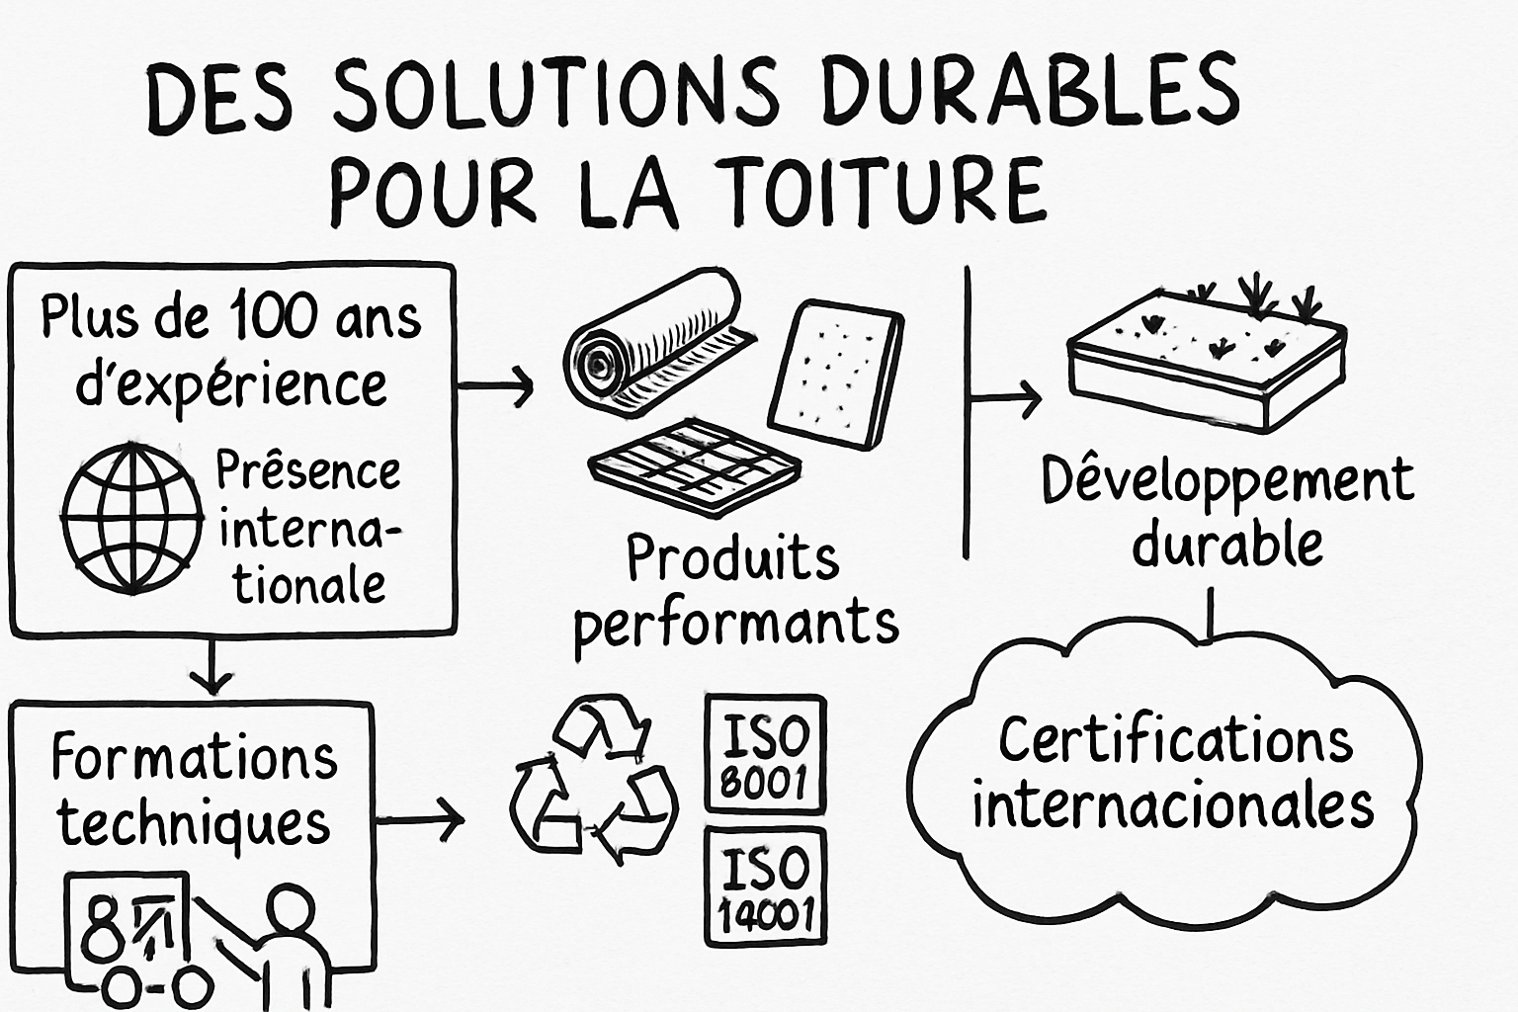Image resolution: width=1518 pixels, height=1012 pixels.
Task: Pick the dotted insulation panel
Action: tap(835, 375)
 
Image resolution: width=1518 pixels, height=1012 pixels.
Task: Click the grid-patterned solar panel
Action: tap(694, 466)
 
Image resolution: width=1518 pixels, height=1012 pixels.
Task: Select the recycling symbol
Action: tap(592, 780)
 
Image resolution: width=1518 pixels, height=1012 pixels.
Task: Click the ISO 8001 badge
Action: tap(766, 753)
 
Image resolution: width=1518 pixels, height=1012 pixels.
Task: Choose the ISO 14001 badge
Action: tap(766, 885)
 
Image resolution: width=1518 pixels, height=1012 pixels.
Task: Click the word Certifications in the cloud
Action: tap(1176, 740)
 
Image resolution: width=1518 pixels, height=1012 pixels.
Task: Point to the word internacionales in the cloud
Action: tap(1173, 805)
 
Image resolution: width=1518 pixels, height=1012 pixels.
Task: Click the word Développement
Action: tap(1227, 481)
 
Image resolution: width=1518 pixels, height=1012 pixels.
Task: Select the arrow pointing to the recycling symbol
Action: tap(420, 819)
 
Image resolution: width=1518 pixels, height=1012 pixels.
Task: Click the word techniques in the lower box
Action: tap(194, 823)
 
